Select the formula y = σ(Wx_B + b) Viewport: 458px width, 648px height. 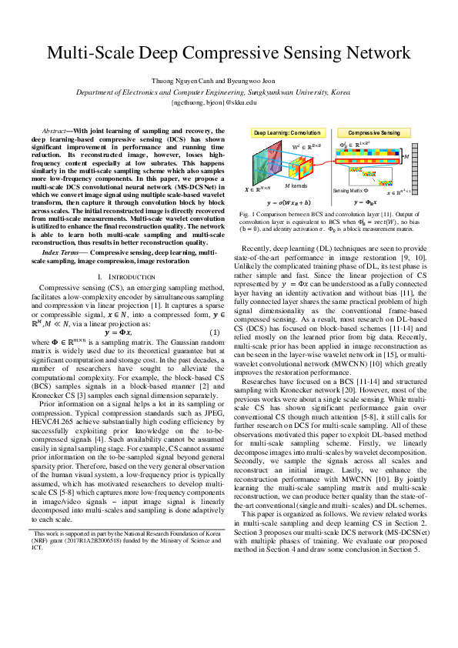pyautogui.click(x=289, y=202)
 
